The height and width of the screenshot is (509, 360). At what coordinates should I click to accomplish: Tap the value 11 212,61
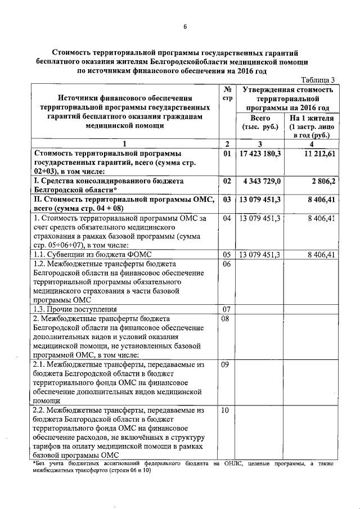pyautogui.click(x=318, y=153)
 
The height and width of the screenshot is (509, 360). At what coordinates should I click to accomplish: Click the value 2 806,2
pyautogui.click(x=325, y=182)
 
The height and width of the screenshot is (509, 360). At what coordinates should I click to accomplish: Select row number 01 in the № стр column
pyautogui.click(x=227, y=153)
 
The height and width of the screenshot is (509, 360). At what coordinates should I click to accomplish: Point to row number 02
pyautogui.click(x=227, y=182)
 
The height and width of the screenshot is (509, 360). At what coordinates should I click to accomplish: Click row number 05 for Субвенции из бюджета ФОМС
pyautogui.click(x=227, y=255)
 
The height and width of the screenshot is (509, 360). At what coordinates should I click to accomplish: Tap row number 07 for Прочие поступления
pyautogui.click(x=227, y=309)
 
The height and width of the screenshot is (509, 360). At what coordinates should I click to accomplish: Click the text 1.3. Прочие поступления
pyautogui.click(x=71, y=309)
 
